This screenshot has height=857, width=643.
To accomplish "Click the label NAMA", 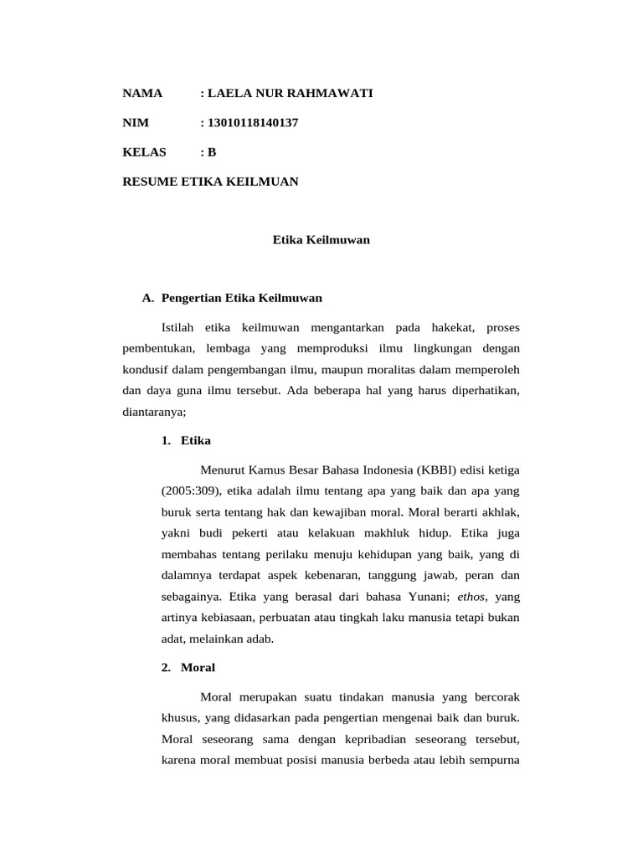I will click(142, 94).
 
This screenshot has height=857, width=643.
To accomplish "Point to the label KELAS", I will click(145, 152).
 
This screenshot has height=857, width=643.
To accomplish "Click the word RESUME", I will click(150, 181).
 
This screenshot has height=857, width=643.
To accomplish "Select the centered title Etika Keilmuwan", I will click(321, 240).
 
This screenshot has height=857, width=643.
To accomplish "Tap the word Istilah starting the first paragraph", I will click(178, 326).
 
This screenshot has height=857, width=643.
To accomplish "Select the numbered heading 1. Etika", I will click(187, 440).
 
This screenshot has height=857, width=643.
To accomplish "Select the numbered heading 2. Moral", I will click(188, 668).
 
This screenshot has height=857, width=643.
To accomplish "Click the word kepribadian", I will click(365, 739).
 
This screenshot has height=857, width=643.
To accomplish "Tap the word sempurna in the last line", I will click(498, 761).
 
